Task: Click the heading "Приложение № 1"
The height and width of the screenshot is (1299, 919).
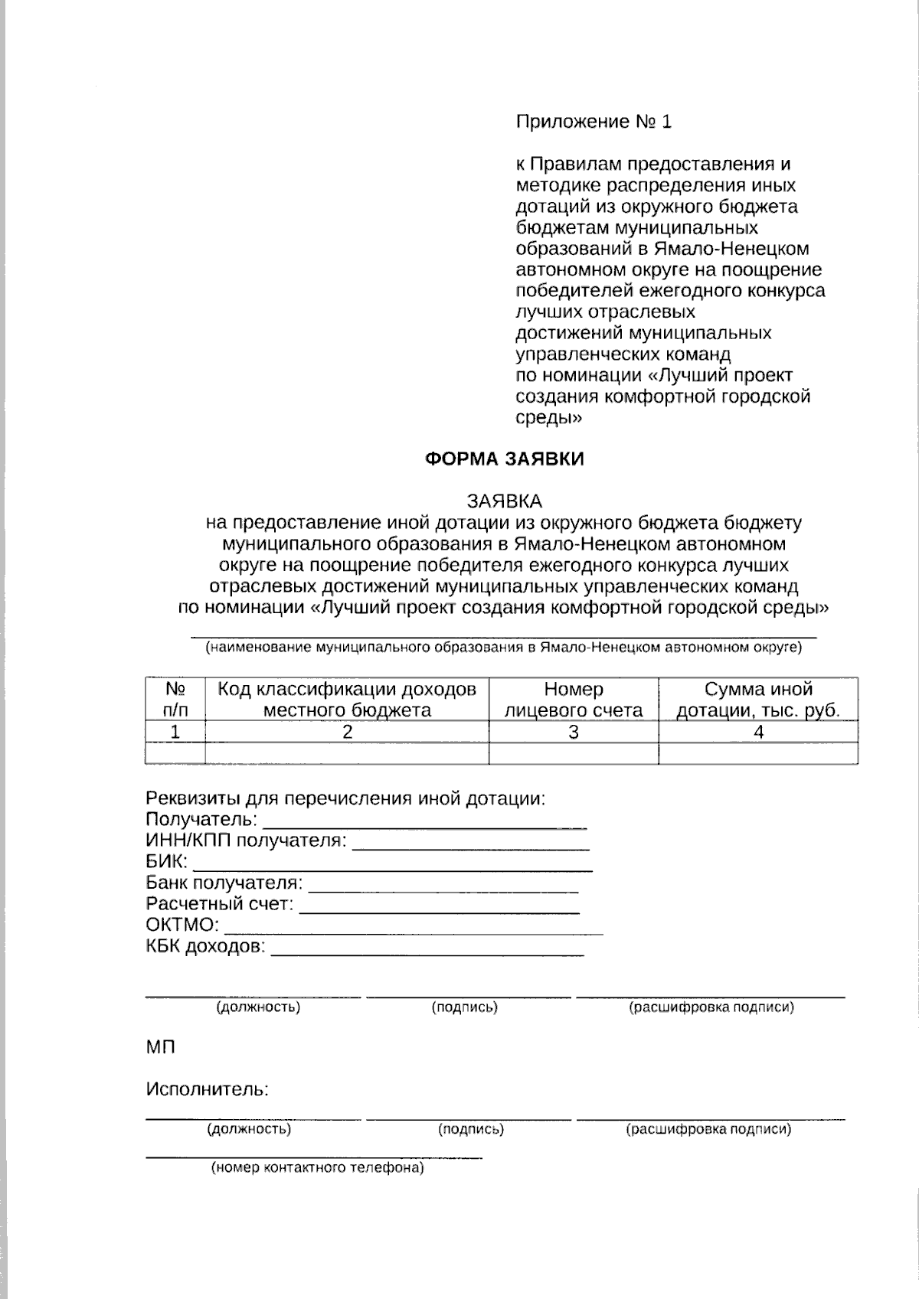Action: (594, 122)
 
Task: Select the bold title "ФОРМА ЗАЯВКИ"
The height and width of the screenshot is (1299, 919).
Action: (505, 459)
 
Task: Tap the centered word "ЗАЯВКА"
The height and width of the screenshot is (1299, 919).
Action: (505, 501)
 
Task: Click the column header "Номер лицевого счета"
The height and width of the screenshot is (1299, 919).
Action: (573, 700)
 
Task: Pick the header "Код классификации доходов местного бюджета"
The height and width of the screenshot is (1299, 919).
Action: (347, 700)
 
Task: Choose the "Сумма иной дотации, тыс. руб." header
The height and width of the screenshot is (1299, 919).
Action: (758, 700)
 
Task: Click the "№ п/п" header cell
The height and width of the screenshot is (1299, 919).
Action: (175, 700)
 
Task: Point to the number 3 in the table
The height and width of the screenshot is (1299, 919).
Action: (573, 733)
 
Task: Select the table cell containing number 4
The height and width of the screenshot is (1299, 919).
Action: (758, 733)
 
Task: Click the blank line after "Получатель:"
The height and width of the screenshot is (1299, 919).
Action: (425, 822)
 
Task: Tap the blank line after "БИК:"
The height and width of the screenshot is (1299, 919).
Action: (392, 864)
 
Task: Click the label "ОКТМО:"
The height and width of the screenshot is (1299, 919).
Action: (182, 925)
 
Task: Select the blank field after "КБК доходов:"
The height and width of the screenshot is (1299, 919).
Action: (427, 949)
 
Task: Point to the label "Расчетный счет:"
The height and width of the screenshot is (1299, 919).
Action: (220, 904)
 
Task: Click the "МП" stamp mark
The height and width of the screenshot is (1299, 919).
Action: (161, 1046)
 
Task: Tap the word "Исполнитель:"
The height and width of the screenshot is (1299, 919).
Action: (207, 1089)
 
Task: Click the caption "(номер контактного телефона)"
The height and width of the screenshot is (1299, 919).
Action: (317, 1169)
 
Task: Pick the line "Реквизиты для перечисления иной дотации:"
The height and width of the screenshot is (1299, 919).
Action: (345, 798)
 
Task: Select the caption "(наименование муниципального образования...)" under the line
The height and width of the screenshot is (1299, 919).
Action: (503, 648)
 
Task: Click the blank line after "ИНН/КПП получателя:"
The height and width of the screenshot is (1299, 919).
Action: (470, 844)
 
